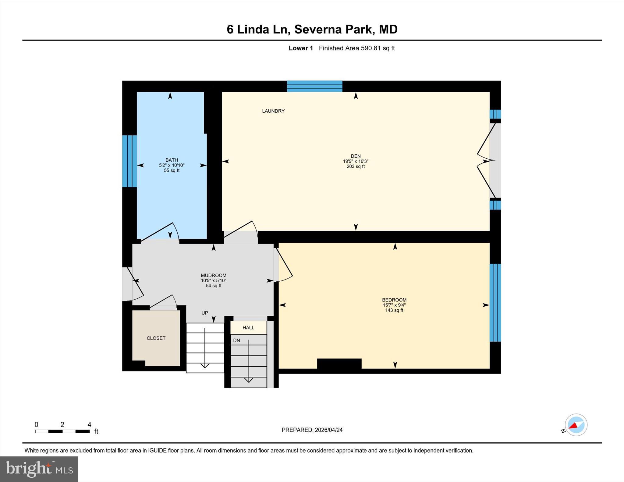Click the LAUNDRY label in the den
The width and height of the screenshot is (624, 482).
click(273, 111)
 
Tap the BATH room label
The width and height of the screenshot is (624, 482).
click(172, 160)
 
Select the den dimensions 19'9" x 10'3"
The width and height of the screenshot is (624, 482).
click(356, 161)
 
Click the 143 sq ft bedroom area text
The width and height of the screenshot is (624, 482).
click(394, 310)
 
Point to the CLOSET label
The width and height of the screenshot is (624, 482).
click(156, 338)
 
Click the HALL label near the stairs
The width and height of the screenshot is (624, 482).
click(248, 328)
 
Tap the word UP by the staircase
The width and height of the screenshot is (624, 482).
click(205, 313)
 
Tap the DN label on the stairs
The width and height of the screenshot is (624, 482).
click(237, 340)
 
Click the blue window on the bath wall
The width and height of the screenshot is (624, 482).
click(129, 161)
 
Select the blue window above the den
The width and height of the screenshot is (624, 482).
click(314, 86)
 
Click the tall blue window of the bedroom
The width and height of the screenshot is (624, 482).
click(495, 303)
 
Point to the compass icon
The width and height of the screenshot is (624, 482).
click(576, 425)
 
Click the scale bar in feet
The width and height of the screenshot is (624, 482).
click(62, 431)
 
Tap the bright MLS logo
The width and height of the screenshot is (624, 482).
click(39, 469)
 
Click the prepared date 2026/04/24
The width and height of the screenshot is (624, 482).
click(328, 430)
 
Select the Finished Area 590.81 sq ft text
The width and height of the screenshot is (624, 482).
click(356, 48)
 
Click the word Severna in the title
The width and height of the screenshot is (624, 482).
click(317, 30)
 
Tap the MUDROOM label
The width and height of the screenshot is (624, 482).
click(213, 276)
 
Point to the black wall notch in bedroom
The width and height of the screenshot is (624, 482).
click(339, 364)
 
